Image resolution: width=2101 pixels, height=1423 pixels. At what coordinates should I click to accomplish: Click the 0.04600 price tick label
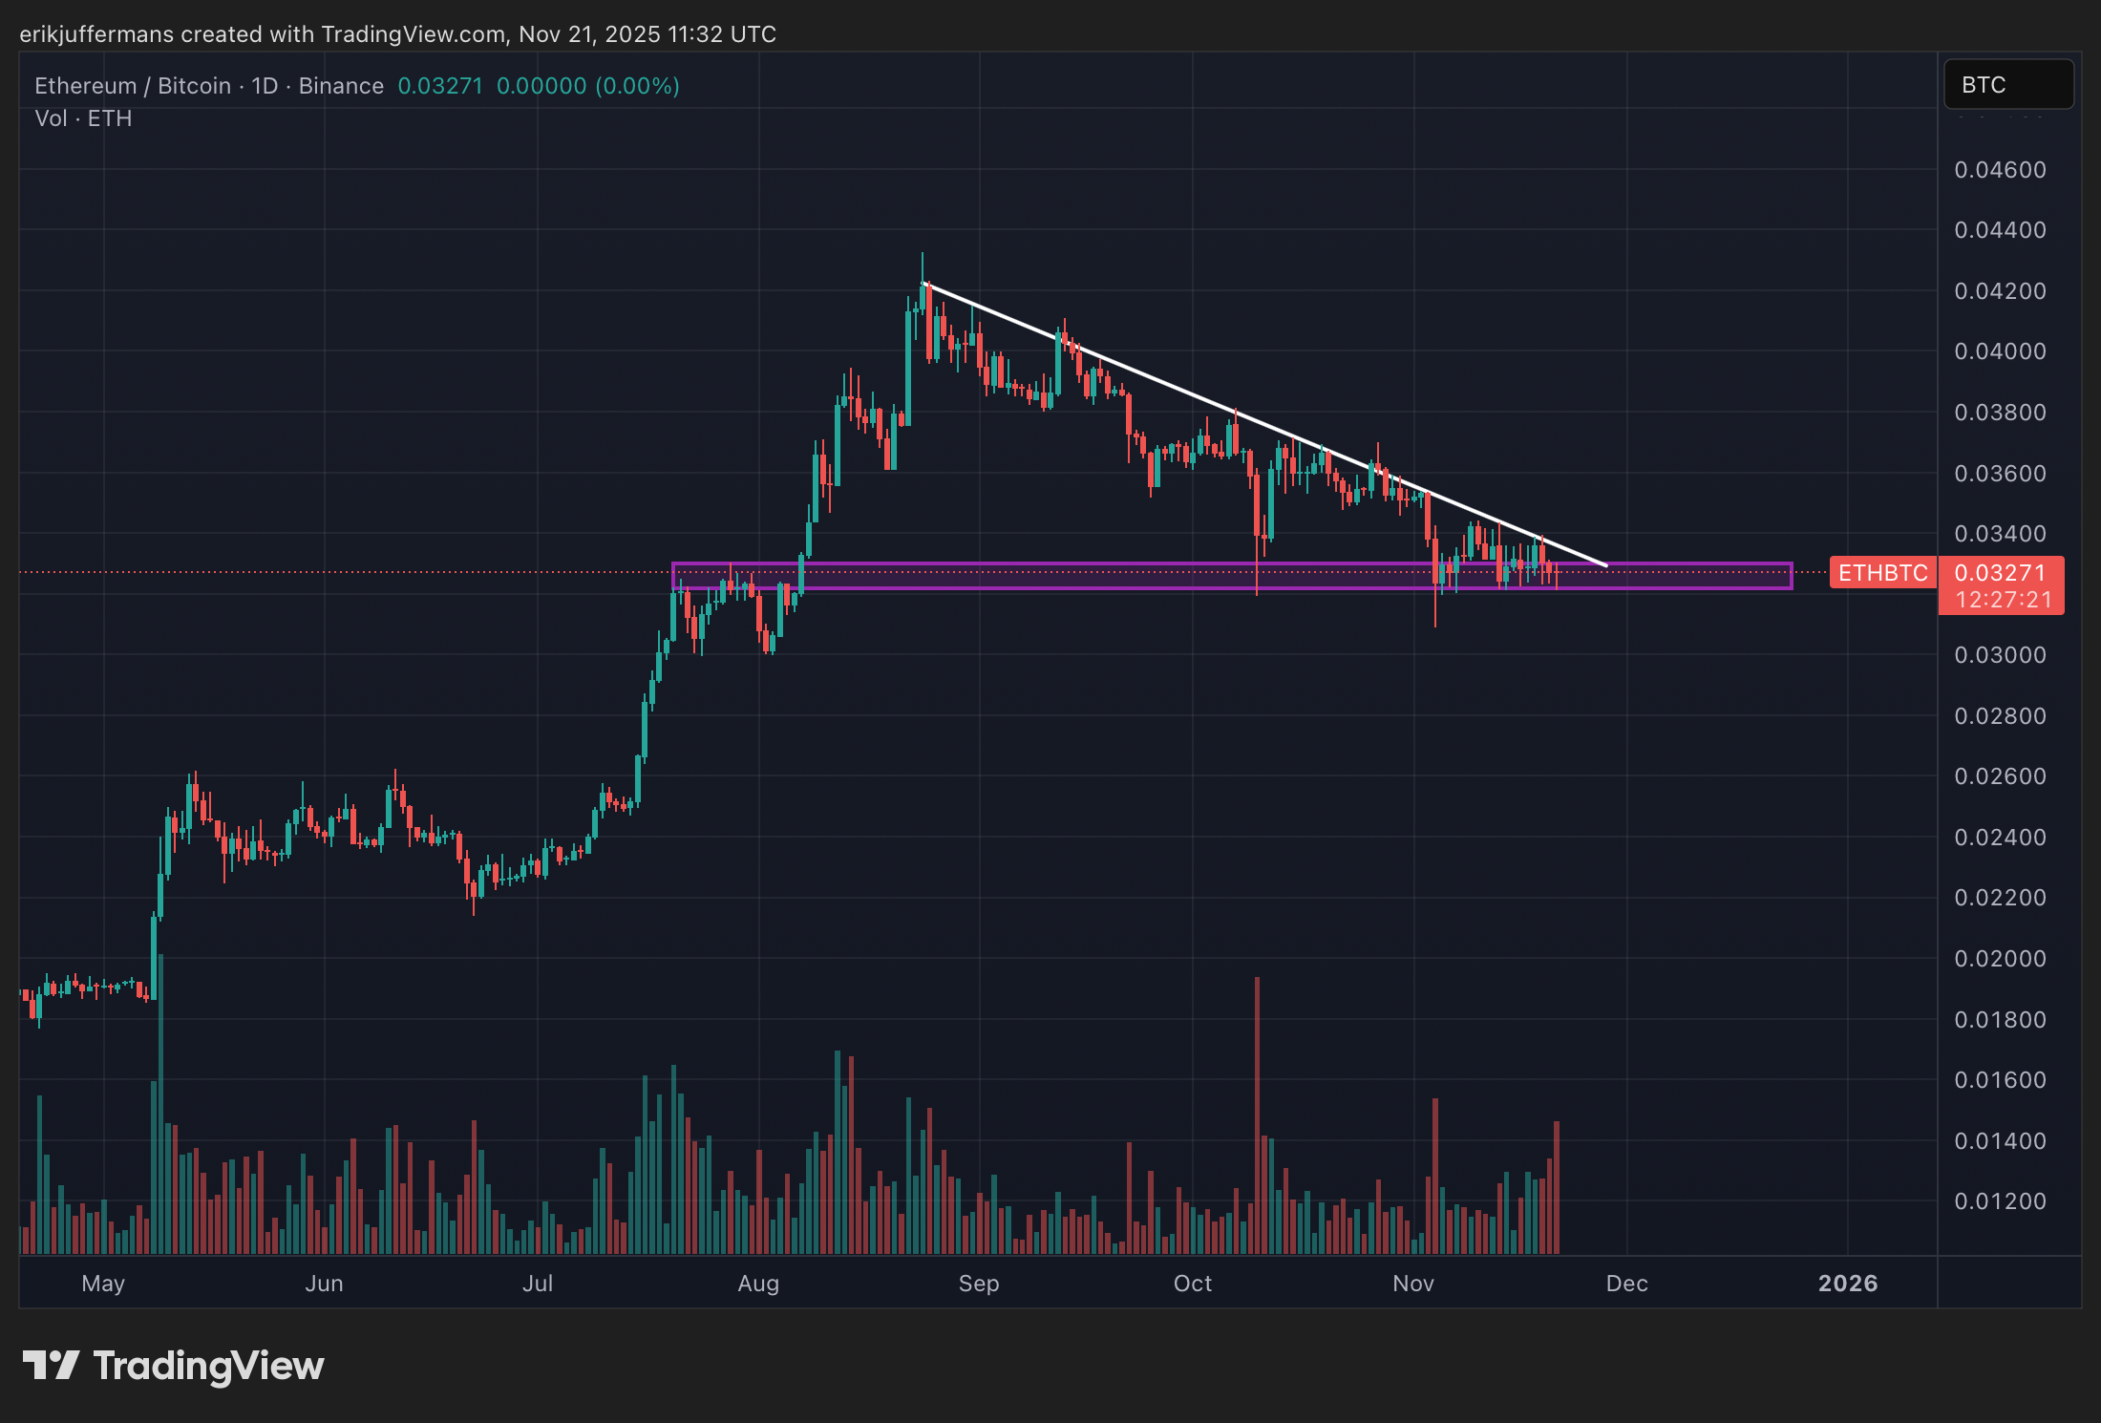click(x=2000, y=170)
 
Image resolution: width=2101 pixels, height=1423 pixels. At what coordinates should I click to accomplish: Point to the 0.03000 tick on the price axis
click(x=2000, y=655)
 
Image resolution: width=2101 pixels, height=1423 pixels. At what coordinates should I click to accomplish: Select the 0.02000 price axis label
click(x=2000, y=959)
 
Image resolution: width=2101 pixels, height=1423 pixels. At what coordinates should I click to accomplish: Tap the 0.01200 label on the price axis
click(x=2000, y=1201)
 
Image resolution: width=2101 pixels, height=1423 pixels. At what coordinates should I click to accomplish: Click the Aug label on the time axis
click(x=758, y=1284)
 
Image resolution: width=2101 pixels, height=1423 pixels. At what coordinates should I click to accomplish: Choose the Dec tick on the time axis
click(x=1626, y=1284)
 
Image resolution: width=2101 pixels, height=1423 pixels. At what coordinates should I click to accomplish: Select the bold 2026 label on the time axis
click(x=1847, y=1284)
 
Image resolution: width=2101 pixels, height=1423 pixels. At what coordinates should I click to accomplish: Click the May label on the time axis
click(x=103, y=1284)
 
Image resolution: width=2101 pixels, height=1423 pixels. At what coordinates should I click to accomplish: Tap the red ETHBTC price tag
click(x=1882, y=573)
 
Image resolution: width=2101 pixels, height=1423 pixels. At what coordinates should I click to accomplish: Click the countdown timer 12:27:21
click(x=2003, y=600)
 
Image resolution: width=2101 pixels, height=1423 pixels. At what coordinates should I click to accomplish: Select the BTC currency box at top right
click(x=2007, y=85)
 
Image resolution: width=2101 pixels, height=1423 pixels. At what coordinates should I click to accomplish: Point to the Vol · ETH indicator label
click(x=83, y=118)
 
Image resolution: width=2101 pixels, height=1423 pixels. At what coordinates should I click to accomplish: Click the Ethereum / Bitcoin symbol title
click(x=133, y=86)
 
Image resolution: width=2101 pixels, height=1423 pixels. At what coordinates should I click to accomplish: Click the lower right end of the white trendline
click(x=1606, y=565)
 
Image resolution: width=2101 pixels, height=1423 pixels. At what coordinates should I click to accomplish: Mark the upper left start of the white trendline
click(x=924, y=284)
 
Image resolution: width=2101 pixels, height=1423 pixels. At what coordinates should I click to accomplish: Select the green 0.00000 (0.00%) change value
click(x=587, y=86)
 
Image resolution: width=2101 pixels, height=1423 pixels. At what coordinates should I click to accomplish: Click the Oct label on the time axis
click(x=1192, y=1284)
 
